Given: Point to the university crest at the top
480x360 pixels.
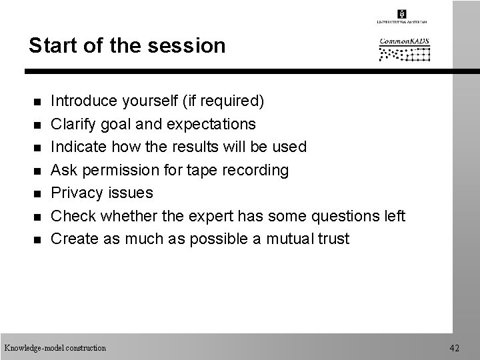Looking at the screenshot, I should [x=402, y=14].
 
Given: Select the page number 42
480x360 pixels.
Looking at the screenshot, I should [x=455, y=347].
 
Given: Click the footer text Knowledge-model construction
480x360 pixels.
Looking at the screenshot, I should [x=55, y=347].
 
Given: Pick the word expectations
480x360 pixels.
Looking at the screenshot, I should [x=213, y=124].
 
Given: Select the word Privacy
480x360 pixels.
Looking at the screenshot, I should [x=77, y=193].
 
